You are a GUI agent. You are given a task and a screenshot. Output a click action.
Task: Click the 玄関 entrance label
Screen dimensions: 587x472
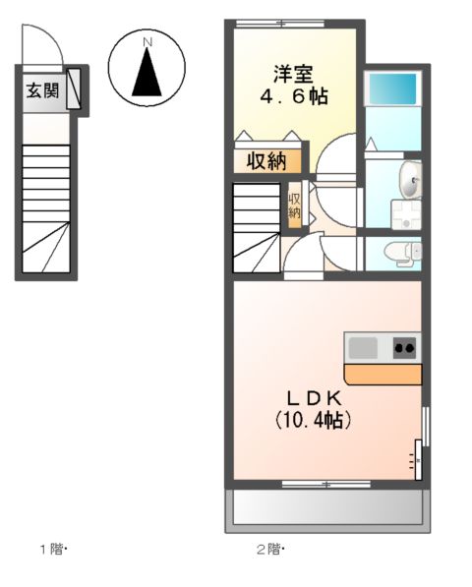point(42,91)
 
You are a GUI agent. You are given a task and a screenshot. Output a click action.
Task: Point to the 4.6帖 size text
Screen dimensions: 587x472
point(293,96)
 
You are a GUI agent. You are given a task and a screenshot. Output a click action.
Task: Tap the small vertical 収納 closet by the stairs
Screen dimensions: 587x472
point(294,205)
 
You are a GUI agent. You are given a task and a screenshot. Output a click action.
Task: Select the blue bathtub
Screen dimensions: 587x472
point(392,89)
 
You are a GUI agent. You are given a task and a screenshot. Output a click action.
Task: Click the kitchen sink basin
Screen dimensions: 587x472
point(362,347)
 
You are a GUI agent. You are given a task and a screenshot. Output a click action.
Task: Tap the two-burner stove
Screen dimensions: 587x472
point(404,347)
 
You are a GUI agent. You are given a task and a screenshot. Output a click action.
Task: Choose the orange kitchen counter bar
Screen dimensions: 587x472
point(383,374)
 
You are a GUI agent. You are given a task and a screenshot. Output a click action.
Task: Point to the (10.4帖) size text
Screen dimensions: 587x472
point(314,420)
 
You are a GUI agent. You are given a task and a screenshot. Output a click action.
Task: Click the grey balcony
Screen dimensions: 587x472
point(327,506)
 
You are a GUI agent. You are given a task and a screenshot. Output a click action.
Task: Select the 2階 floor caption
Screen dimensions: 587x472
point(274,549)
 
